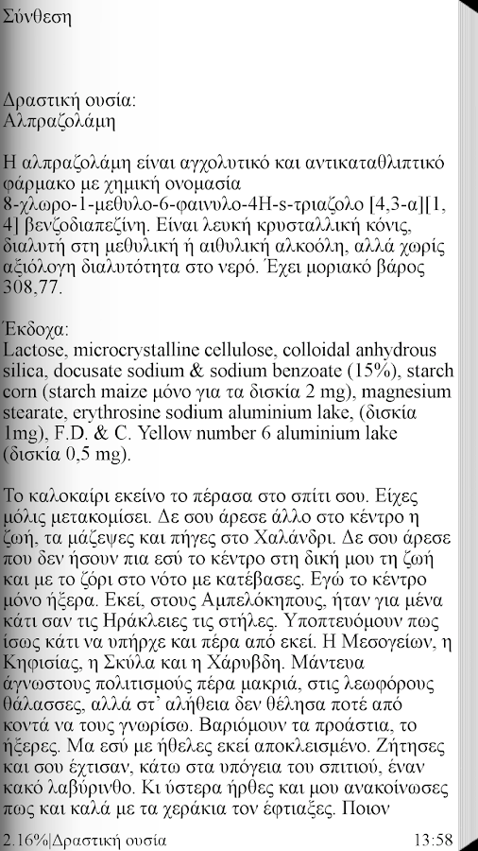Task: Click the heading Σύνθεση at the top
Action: click(37, 17)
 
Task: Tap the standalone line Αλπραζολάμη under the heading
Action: click(60, 120)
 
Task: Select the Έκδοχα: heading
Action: click(36, 330)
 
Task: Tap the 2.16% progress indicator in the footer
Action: click(25, 840)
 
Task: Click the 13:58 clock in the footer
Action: click(433, 840)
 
